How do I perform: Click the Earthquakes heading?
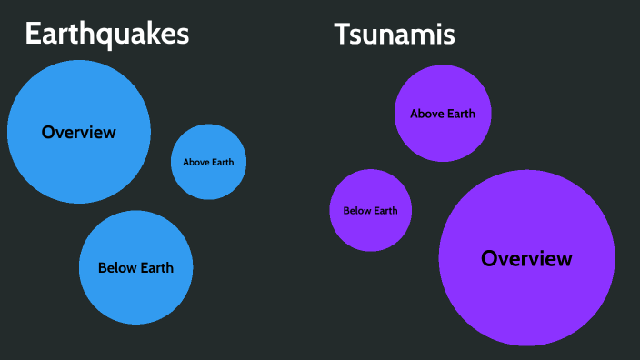coord(106,34)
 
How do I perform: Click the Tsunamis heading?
coord(394,34)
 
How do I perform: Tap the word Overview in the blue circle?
coord(79,132)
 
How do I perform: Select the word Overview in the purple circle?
coord(526,258)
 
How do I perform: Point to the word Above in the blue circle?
coord(195,163)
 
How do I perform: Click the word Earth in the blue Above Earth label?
coord(222,163)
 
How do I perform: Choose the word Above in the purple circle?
coord(428,115)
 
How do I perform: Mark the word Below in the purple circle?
coord(356,211)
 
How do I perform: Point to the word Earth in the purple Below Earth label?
coord(385,211)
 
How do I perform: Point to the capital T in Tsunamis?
coord(342,34)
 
